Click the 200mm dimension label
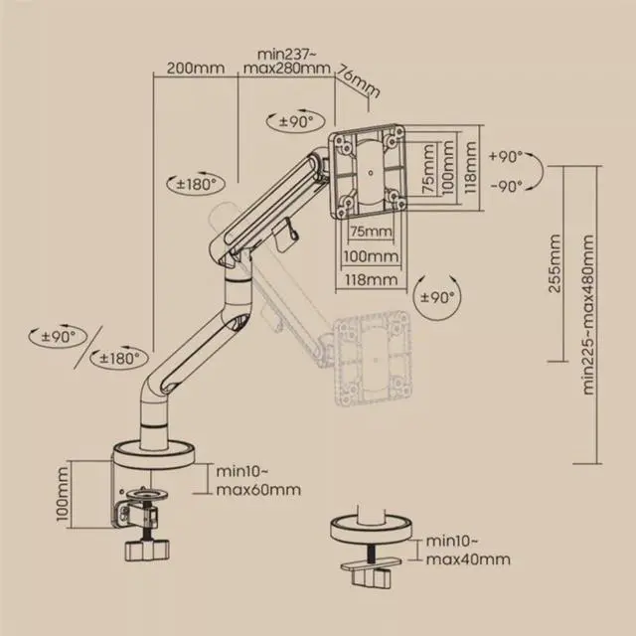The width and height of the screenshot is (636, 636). point(196,68)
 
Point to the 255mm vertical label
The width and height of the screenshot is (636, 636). point(555,263)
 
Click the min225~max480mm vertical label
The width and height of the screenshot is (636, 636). point(587,314)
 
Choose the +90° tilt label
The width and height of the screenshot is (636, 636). point(506,157)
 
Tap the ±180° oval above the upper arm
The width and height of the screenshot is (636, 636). point(196,185)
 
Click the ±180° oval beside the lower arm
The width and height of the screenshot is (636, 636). point(119,358)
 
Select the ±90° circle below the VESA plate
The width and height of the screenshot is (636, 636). point(437,297)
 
